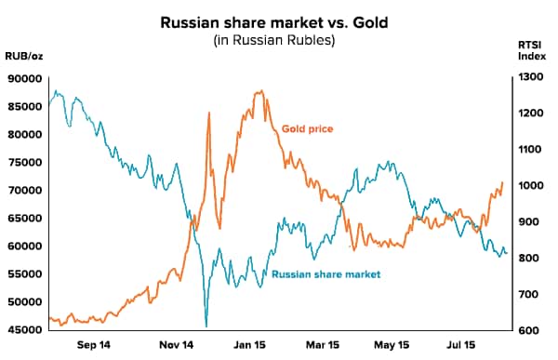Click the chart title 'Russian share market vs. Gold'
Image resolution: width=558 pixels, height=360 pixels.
[278, 20]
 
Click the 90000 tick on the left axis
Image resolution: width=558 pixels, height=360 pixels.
[25, 78]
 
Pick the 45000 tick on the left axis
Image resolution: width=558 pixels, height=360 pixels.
[25, 330]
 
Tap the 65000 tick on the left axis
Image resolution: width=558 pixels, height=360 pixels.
[25, 218]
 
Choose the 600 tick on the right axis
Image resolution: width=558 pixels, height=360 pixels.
[531, 330]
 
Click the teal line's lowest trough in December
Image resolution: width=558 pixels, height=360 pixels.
[206, 326]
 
